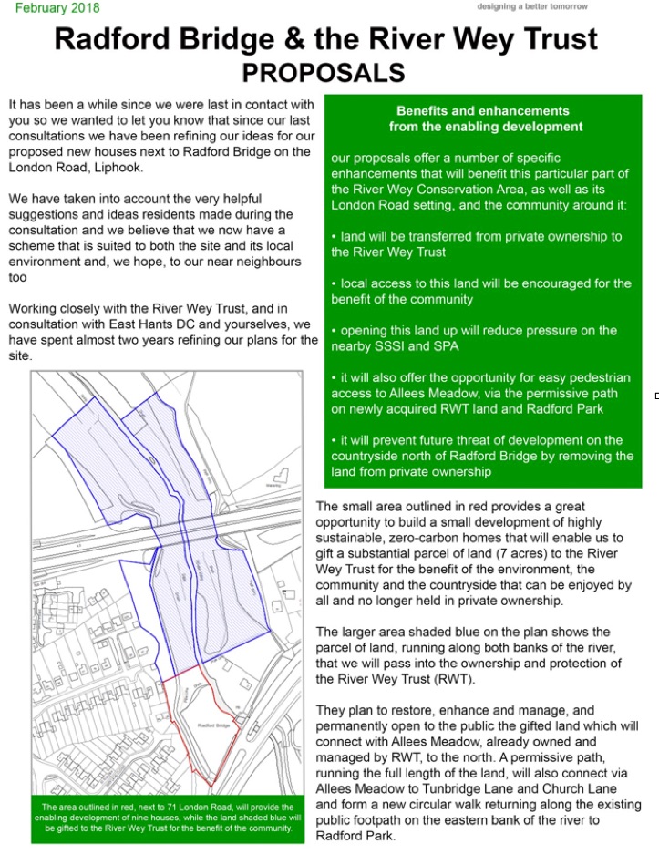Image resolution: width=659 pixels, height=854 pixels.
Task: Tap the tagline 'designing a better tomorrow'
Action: (532, 7)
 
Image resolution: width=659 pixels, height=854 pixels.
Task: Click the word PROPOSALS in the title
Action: (324, 71)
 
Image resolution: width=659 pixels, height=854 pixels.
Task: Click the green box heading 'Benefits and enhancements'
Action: (482, 110)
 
